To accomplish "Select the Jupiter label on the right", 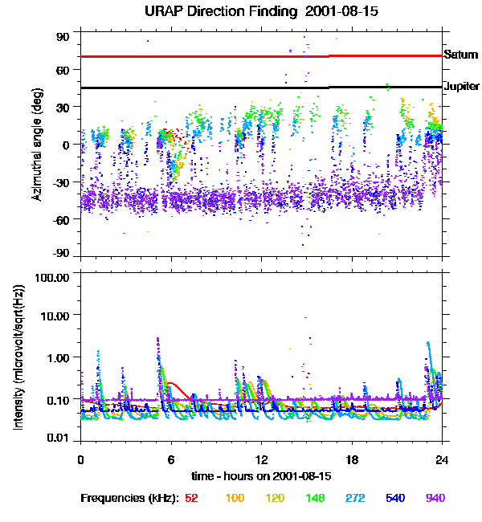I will (462, 86).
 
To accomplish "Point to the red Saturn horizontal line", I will (241, 56).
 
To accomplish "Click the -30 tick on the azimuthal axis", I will (62, 181).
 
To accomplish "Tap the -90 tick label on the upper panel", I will (62, 254).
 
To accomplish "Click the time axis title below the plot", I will (261, 475).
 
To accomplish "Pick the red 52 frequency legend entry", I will (191, 498).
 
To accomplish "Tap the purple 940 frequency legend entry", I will (435, 498).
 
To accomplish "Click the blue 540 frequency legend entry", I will (395, 498).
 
